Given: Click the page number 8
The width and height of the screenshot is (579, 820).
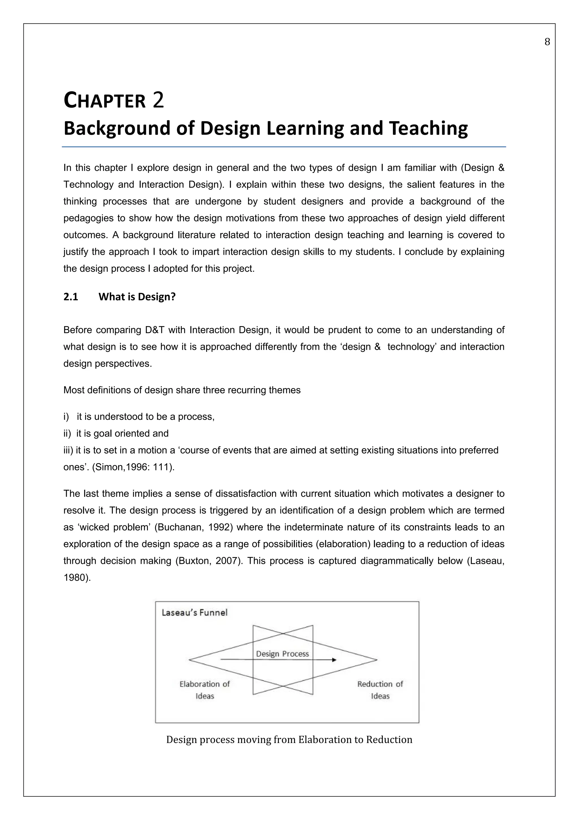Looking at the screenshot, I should [547, 42].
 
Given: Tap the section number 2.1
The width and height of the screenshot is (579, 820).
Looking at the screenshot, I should [71, 297].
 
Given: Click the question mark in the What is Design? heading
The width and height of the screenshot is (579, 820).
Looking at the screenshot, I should [173, 297].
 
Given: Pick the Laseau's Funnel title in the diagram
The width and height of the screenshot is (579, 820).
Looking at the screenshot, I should [195, 613].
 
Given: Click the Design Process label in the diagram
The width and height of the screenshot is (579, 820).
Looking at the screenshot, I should [282, 654].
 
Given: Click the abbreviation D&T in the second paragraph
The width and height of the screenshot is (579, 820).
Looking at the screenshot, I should [154, 330].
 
